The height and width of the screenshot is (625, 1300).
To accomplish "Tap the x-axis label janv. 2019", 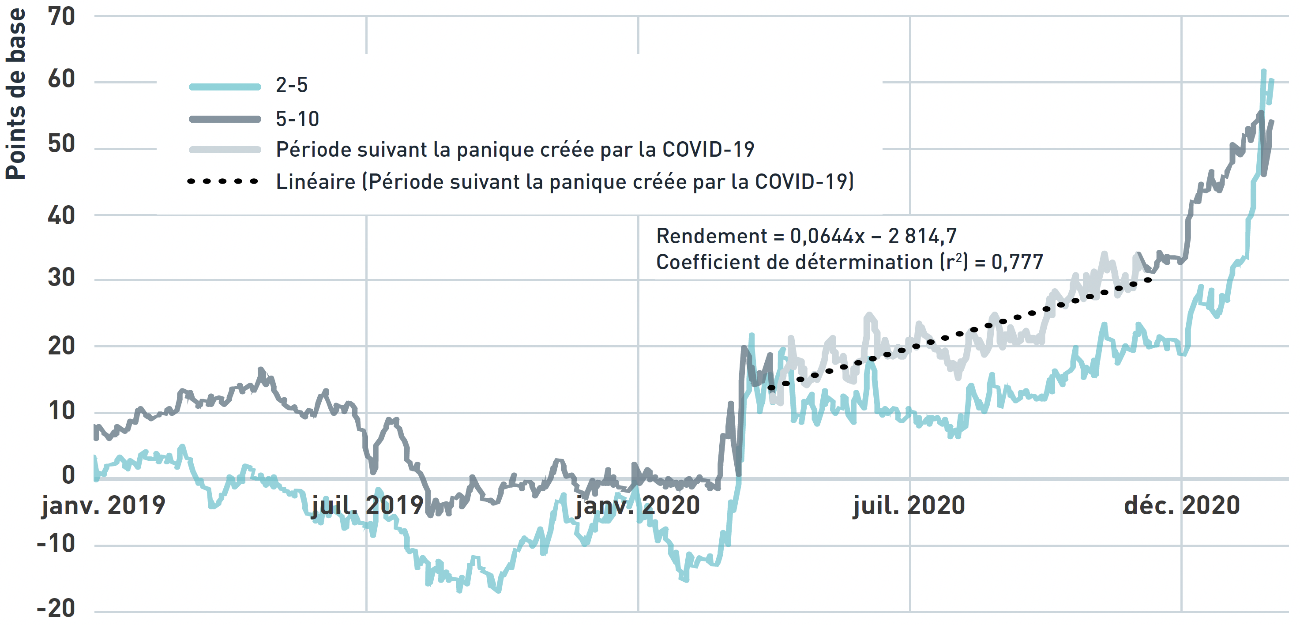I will [x=103, y=506].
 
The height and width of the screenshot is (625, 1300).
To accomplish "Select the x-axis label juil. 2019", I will [x=368, y=506].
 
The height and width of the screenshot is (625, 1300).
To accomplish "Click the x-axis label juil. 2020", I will [x=909, y=506].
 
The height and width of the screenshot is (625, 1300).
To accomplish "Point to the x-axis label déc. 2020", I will [x=1182, y=506].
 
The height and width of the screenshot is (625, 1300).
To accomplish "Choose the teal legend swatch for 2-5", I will [x=225, y=87].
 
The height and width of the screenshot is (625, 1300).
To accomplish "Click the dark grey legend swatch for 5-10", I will [x=225, y=120].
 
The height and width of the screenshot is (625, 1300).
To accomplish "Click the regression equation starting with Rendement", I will [x=806, y=236].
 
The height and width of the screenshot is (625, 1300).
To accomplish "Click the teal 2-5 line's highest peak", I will [x=1264, y=71].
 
